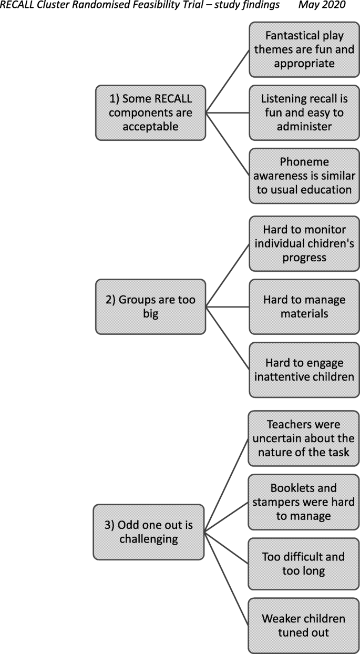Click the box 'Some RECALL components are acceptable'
tap(151, 113)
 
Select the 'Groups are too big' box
tap(151, 306)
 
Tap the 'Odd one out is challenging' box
tap(149, 532)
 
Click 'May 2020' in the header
tap(322, 5)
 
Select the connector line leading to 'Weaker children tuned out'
tap(227, 578)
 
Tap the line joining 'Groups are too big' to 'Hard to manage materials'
tap(228, 306)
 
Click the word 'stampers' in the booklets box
tap(282, 502)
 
